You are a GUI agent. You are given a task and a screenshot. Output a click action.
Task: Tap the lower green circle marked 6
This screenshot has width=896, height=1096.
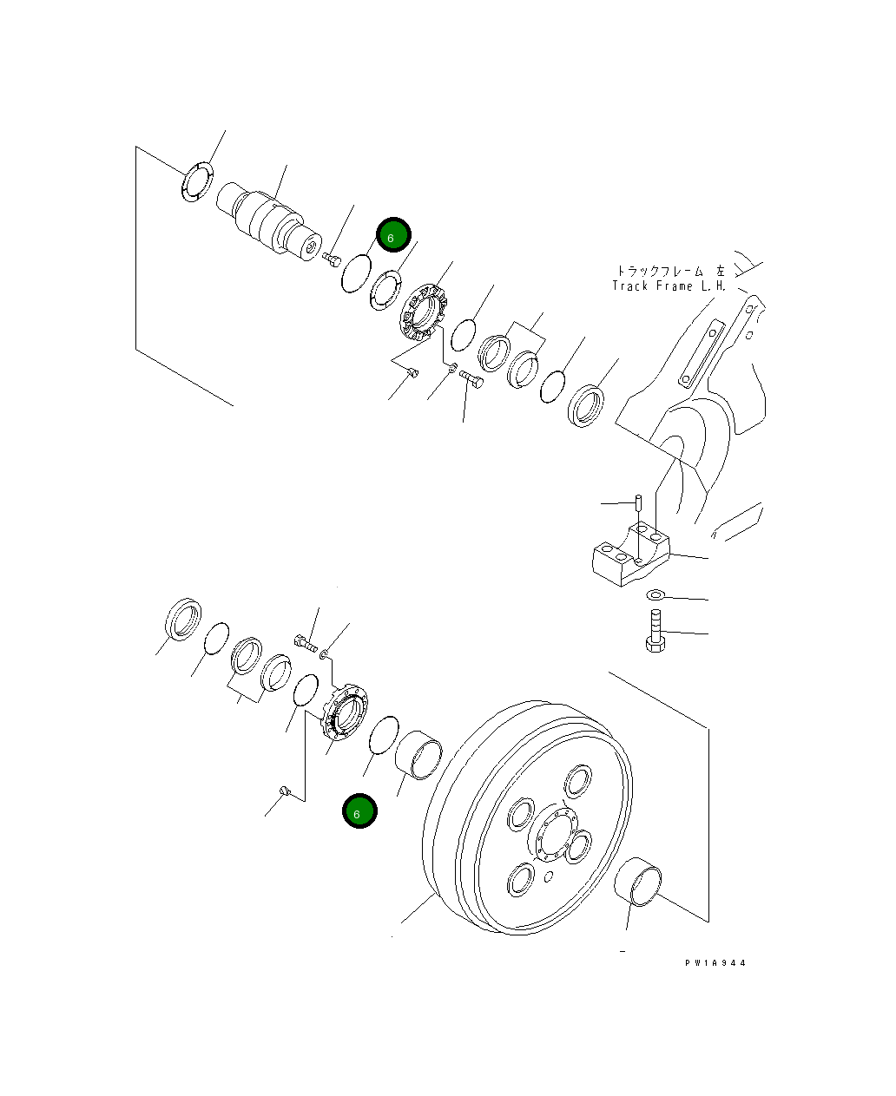click(359, 811)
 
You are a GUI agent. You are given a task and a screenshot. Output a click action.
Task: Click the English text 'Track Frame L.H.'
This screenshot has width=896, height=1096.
click(669, 285)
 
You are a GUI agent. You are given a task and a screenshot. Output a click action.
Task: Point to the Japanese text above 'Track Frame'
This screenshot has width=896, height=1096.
click(669, 271)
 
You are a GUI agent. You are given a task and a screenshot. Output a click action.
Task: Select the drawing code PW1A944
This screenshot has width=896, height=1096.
click(715, 963)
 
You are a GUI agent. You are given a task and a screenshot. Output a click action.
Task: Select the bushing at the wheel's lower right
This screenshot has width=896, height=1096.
click(639, 882)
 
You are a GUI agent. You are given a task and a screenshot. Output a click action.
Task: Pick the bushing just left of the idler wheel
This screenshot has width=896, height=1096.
click(419, 755)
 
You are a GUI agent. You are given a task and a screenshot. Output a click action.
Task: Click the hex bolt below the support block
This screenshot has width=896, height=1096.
click(656, 630)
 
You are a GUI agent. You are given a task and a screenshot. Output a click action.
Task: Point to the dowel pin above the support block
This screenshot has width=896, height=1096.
click(639, 502)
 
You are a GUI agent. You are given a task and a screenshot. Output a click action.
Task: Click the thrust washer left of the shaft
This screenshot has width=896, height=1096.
click(197, 181)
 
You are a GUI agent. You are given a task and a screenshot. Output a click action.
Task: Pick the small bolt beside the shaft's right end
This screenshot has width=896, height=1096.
click(331, 258)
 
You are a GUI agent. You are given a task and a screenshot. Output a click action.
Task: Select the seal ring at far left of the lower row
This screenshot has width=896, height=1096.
click(184, 620)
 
